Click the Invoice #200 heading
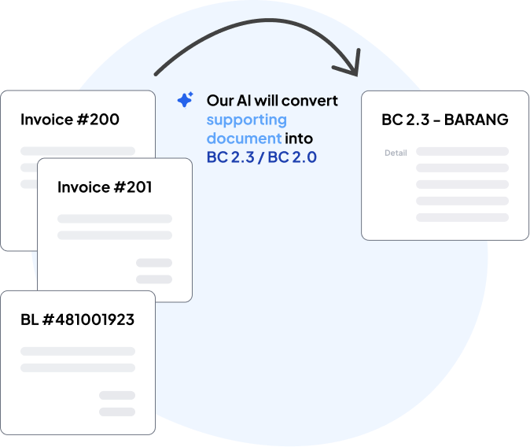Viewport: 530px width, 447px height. tap(70, 120)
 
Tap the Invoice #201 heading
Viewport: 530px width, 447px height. tap(105, 187)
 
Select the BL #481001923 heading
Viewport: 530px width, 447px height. tap(77, 320)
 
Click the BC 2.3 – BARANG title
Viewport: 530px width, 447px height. tap(445, 120)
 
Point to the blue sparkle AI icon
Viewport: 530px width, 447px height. tap(186, 100)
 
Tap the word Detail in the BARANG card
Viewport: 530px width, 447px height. tap(396, 153)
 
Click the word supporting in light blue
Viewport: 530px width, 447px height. tap(247, 120)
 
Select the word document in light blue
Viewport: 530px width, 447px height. tap(244, 139)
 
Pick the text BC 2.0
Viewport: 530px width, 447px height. tap(292, 157)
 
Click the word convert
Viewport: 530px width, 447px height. tap(310, 101)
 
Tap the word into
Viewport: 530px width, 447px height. tap(299, 139)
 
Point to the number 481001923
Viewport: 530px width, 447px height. tap(94, 320)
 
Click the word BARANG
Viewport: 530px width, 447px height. tap(477, 120)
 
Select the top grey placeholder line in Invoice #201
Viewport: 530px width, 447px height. tap(115, 219)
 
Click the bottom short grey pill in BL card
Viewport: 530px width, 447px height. tap(117, 412)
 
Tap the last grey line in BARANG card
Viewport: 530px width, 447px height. tap(462, 217)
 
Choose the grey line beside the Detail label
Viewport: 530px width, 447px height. tap(462, 151)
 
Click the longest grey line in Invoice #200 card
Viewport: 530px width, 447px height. tap(78, 151)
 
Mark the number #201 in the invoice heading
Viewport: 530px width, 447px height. tap(133, 187)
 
